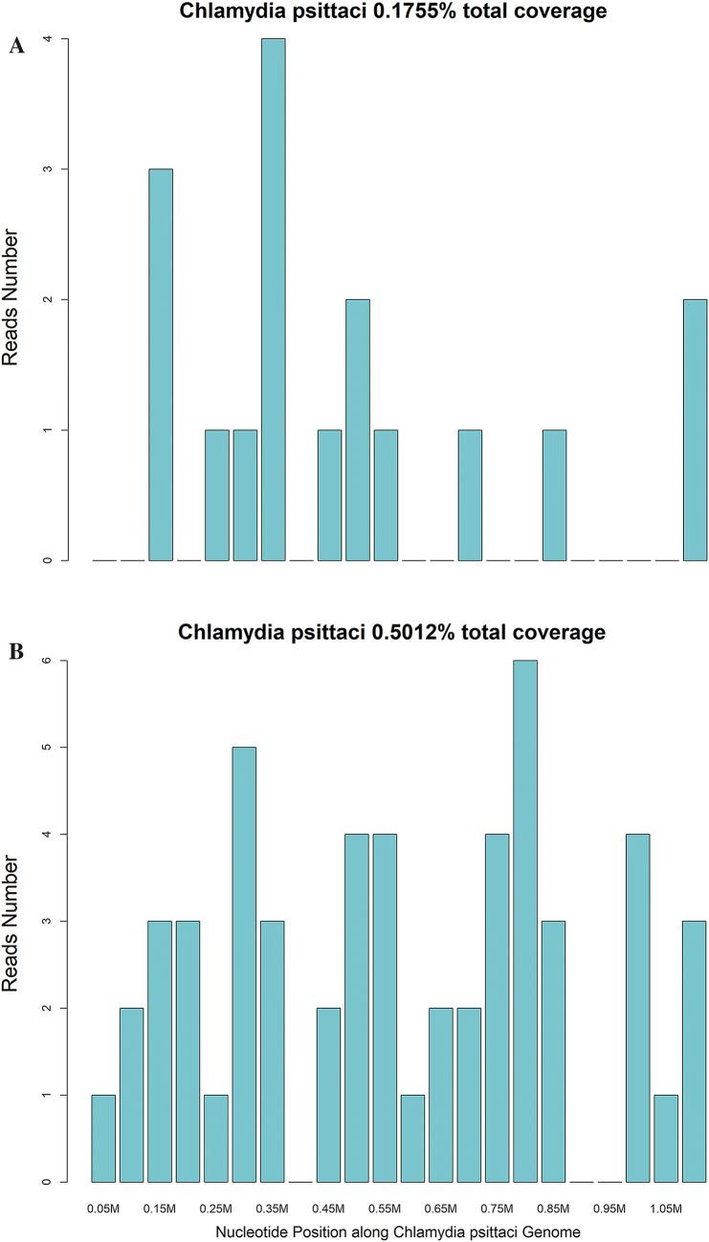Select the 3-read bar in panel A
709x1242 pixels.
pos(160,364)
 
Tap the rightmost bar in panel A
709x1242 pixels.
pos(695,429)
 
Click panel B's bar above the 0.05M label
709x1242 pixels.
pos(103,1138)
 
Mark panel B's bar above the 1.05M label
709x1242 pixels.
pos(667,1138)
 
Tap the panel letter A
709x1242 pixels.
pos(16,47)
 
